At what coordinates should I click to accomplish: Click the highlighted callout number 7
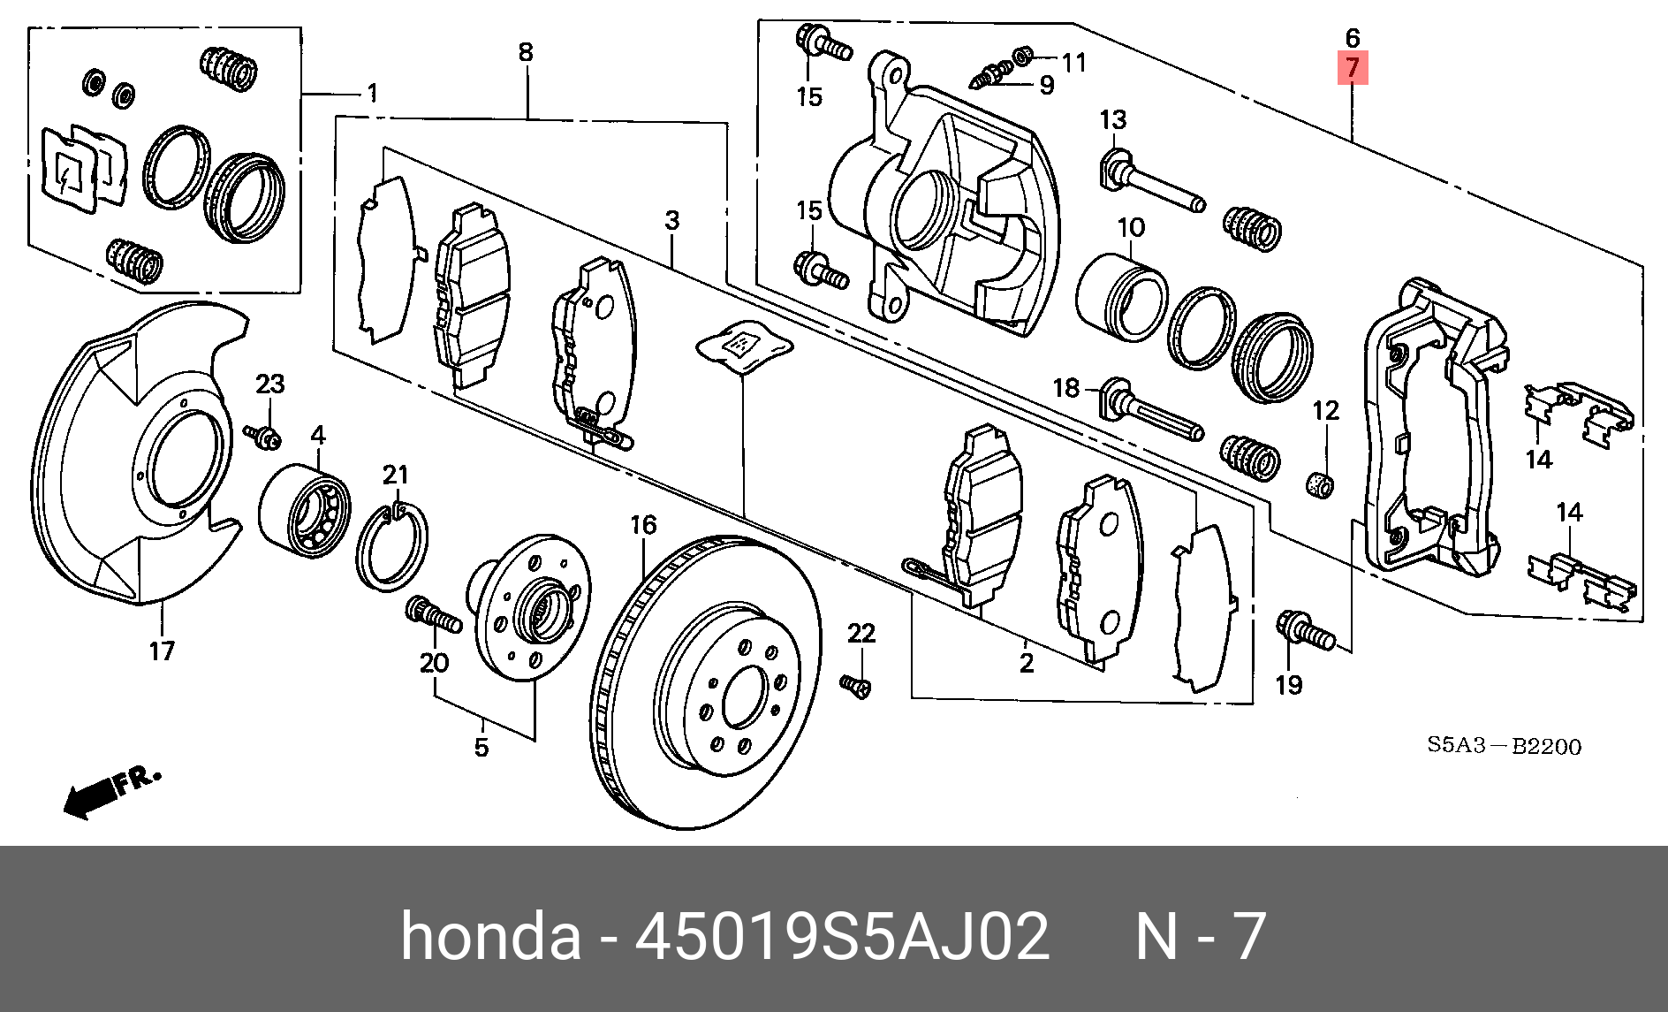coord(1353,67)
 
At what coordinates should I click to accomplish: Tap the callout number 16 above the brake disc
coord(643,525)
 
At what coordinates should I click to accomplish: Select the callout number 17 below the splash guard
coord(162,651)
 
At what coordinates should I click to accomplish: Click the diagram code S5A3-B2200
coord(1504,746)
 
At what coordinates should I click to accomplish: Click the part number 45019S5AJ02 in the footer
coord(842,937)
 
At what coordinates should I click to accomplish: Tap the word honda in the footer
coord(491,937)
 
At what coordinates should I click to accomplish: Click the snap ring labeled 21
coord(391,546)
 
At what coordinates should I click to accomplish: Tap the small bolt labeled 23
coord(264,435)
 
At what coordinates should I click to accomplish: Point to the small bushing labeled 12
coord(1320,484)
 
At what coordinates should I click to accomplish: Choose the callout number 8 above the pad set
coord(526,52)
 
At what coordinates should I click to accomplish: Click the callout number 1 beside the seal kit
coord(372,93)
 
